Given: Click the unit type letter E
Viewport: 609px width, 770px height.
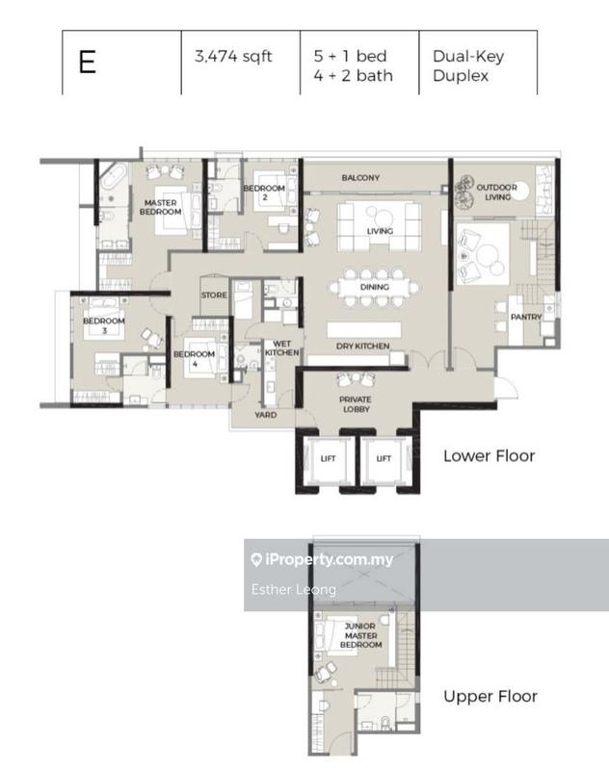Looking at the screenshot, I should point(88,64).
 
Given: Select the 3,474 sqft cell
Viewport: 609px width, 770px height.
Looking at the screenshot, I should point(233,57).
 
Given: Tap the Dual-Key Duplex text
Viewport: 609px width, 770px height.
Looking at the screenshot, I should point(468,65).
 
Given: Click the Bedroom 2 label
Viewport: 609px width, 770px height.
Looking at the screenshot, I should point(263,192).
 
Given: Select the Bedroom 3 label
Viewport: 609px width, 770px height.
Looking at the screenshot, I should point(103,325).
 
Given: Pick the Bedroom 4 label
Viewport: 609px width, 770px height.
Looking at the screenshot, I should point(193,358).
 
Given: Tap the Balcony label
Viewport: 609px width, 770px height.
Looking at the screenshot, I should point(360,178).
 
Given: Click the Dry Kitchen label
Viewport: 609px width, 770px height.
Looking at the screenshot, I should point(362,346).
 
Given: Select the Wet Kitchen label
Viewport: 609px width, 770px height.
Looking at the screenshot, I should point(282,348).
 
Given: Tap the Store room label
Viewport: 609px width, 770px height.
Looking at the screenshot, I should point(214,295).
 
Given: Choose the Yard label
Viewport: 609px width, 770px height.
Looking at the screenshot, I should point(265,415).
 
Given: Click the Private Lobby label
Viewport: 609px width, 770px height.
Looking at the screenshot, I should point(355,404).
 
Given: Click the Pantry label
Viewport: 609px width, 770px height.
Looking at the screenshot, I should point(526,317).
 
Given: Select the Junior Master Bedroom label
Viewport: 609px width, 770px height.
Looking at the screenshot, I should point(362,634).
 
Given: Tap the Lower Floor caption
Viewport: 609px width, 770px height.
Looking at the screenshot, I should point(489,455).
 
